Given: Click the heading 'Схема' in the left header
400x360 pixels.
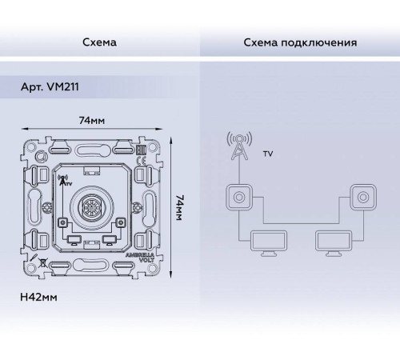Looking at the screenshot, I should (x=99, y=41).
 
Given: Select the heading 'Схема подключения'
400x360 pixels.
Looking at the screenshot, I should (x=299, y=41).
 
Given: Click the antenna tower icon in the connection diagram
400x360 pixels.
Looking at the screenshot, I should (x=238, y=146).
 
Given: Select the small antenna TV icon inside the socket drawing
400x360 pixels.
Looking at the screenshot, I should (x=65, y=181).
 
